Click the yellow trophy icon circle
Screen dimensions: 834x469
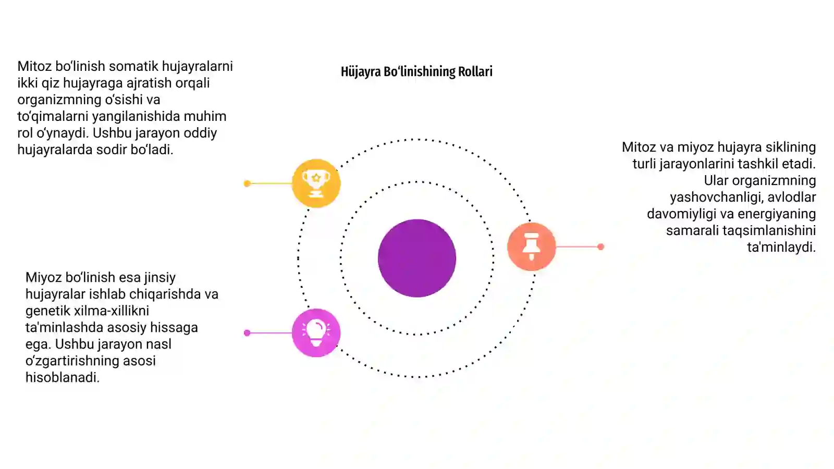tap(316, 183)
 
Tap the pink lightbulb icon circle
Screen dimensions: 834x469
tap(316, 333)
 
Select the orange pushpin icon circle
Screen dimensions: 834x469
tap(531, 246)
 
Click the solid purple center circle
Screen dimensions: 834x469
tap(417, 258)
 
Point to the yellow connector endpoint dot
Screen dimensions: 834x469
tap(247, 183)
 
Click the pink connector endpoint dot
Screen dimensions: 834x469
tap(247, 333)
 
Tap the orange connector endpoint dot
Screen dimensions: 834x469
tap(600, 246)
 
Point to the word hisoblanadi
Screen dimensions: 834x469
tap(62, 377)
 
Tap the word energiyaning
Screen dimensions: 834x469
tap(777, 214)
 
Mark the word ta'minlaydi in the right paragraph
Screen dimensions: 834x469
tap(781, 247)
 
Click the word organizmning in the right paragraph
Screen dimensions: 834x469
tap(759, 181)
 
